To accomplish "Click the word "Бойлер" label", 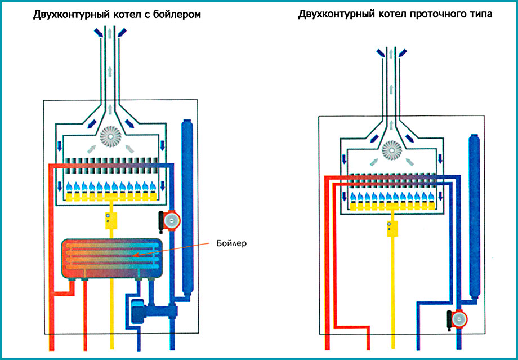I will pyautogui.click(x=232, y=243).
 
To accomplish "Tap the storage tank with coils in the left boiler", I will pyautogui.click(x=111, y=258).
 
